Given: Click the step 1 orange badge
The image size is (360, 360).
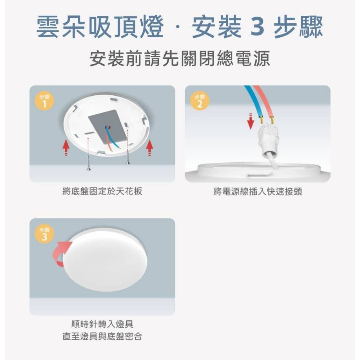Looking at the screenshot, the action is [44, 101].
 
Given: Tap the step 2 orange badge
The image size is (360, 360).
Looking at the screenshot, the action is [200, 101].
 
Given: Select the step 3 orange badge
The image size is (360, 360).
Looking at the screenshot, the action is [44, 234].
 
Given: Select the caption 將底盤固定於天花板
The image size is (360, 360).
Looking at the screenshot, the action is [102, 191].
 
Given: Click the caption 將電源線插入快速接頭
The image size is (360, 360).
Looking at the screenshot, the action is [257, 191].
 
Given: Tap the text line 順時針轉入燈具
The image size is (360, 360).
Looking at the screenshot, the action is [102, 324].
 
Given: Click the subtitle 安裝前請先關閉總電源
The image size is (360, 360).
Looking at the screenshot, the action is [180, 58].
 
